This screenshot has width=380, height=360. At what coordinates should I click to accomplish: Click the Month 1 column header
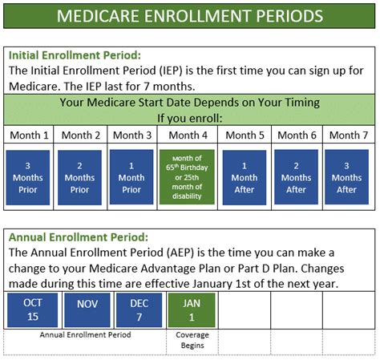[x=29, y=136]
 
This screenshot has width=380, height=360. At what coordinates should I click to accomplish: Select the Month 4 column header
[x=188, y=136]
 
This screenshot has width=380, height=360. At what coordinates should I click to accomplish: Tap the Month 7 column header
[x=349, y=136]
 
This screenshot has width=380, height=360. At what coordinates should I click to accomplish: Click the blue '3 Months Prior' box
[x=28, y=177]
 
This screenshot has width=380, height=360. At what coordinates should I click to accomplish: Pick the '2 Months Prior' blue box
[x=79, y=177]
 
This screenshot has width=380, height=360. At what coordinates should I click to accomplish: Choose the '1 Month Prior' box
[x=131, y=177]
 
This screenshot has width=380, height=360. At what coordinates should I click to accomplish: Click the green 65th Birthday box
[x=187, y=177]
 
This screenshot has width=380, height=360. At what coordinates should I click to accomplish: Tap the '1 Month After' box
[x=245, y=177]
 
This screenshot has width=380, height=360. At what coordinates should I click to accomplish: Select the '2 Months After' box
[x=296, y=177]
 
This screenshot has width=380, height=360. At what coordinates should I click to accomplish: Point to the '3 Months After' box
[x=346, y=177]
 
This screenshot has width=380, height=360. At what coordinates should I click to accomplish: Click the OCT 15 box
[x=33, y=310]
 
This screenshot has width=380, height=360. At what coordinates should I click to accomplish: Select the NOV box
[x=87, y=310]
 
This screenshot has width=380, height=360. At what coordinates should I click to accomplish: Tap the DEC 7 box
[x=139, y=310]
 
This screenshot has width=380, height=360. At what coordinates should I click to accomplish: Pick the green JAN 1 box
[x=192, y=310]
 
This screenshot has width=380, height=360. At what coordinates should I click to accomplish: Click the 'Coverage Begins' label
[x=192, y=340]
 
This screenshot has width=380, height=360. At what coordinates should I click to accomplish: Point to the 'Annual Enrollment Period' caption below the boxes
[x=85, y=334]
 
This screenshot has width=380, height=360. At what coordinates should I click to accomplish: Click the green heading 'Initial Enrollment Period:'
[x=75, y=55]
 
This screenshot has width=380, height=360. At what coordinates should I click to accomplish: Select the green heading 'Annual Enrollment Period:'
[x=79, y=237]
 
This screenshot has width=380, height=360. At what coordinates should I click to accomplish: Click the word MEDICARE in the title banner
[x=98, y=16]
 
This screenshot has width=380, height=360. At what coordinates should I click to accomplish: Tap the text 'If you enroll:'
[x=190, y=118]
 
